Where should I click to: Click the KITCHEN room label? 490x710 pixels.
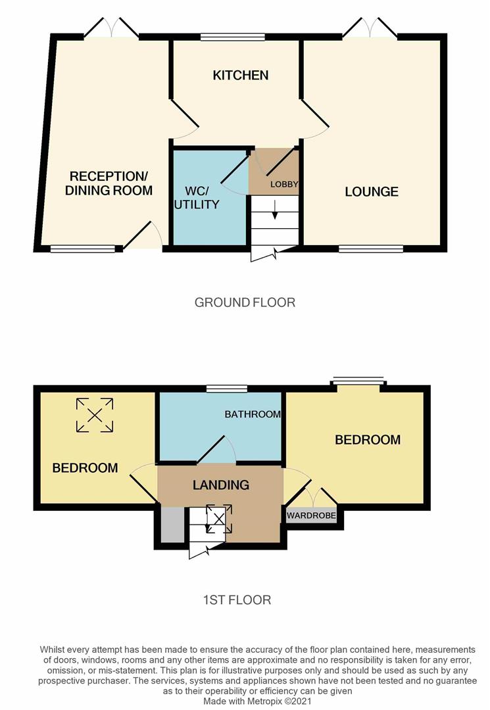point(241,75)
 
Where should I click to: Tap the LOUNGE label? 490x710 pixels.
point(372,191)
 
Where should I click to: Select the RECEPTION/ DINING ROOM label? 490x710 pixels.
point(109,183)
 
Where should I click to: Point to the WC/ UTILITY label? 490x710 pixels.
point(197,197)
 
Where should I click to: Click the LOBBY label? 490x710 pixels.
point(284,184)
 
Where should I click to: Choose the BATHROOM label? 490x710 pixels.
point(253,414)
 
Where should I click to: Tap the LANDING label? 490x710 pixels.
point(221,485)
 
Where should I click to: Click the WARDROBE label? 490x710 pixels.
point(312,515)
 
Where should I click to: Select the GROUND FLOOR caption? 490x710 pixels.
point(245,302)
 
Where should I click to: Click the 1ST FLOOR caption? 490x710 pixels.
point(237,600)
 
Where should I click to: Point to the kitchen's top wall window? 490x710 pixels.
point(233,37)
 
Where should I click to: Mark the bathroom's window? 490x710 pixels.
point(227,389)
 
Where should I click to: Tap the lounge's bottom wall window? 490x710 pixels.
point(371,248)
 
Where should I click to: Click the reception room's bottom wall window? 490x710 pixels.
point(83,248)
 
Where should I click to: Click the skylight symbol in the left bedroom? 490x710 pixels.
point(95,415)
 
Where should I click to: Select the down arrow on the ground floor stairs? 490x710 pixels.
point(274,209)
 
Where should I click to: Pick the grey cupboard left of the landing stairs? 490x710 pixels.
point(172,525)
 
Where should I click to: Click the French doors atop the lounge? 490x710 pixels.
point(370,27)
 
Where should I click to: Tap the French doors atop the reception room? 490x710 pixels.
point(111,27)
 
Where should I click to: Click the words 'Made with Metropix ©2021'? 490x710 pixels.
point(257,701)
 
